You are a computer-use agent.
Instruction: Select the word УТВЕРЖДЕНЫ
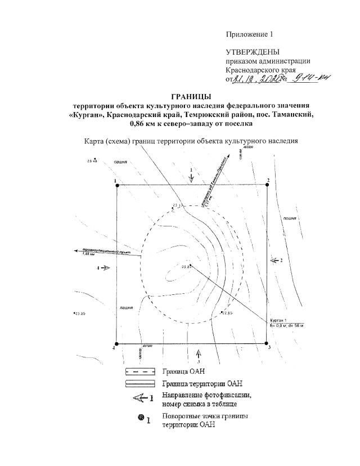[x=253, y=52]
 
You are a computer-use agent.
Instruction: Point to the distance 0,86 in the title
[x=141, y=123]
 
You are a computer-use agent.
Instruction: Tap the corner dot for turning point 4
[x=116, y=343]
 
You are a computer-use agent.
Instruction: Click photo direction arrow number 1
[x=192, y=177]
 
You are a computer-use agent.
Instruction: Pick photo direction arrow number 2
[x=274, y=261]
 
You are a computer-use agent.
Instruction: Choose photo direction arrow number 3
[x=198, y=352]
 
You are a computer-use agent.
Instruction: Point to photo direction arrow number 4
[x=106, y=268]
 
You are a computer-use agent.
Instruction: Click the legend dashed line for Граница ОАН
[x=140, y=371]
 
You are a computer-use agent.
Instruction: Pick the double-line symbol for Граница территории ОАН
[x=140, y=384]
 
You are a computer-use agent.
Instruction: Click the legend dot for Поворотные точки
[x=139, y=418]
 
